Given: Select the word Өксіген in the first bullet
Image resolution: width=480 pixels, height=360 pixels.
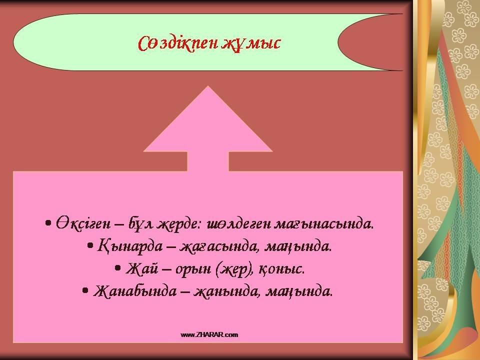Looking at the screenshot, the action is [82, 224].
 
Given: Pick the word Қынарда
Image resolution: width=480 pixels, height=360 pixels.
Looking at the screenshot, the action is [129, 246].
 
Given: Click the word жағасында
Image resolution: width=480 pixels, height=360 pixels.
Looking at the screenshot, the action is [220, 246].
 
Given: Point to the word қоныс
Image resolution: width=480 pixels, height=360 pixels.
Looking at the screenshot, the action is [282, 269].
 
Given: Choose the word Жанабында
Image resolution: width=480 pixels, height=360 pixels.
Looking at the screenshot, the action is [135, 291].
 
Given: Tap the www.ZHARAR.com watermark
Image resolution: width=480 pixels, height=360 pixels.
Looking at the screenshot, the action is [209, 334].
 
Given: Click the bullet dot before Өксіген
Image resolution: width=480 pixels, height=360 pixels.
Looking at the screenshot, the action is [48, 224].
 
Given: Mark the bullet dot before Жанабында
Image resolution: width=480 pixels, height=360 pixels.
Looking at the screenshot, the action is [85, 290].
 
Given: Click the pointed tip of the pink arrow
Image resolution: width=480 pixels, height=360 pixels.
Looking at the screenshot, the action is [208, 86].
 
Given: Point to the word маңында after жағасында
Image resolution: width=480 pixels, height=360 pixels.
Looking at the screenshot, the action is [298, 246].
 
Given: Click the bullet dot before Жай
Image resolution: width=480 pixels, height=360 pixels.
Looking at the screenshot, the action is [118, 268].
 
